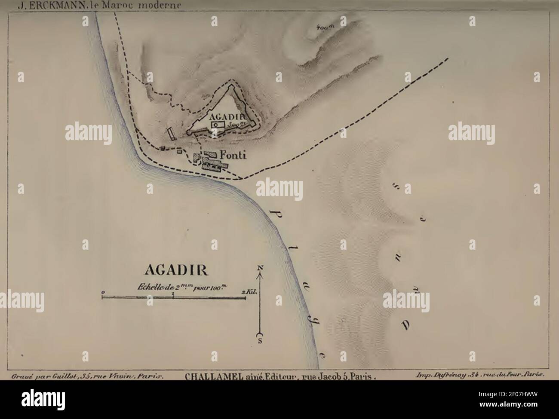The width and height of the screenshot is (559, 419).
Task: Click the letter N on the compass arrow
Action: click(x=260, y=268)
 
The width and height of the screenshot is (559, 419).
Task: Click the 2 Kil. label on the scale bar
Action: click(x=249, y=292)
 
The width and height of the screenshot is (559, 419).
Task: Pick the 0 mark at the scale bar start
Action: click(x=103, y=292)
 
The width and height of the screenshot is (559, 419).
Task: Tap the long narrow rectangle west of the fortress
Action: click(x=171, y=134)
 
